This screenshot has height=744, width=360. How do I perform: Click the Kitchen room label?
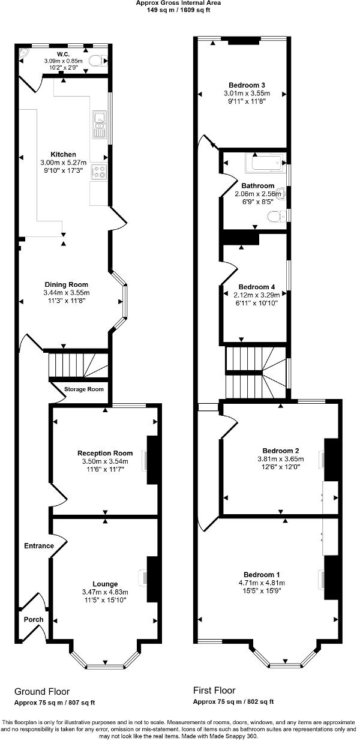click(63, 155)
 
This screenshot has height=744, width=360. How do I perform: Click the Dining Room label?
click(66, 284)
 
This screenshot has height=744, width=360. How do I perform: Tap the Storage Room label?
click(84, 389)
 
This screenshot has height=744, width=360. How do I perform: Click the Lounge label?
click(105, 584)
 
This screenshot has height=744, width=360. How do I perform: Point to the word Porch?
click(33, 619)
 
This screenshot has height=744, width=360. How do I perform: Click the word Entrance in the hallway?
click(38, 546)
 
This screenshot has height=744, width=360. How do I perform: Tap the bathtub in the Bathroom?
click(264, 163)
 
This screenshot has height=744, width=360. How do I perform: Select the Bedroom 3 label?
click(247, 85)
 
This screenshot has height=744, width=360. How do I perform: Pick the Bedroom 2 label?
click(281, 451)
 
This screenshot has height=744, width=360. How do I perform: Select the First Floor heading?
click(214, 691)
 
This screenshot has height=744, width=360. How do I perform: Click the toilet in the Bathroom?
click(274, 215)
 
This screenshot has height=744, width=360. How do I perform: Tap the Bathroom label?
click(258, 185)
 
